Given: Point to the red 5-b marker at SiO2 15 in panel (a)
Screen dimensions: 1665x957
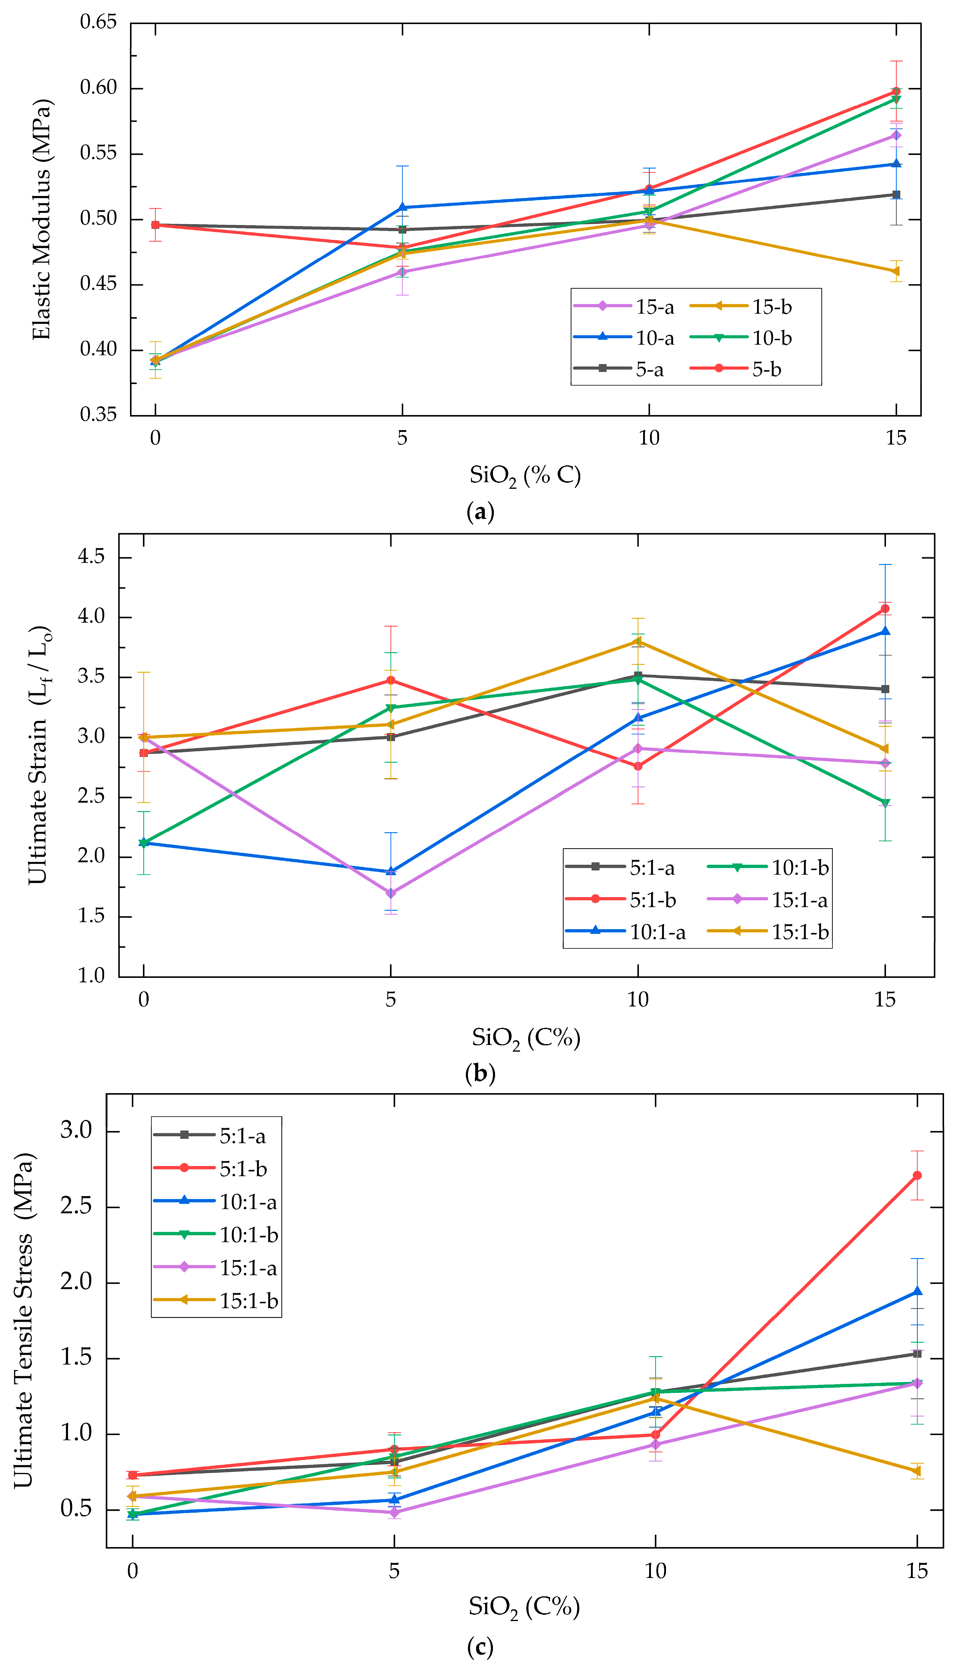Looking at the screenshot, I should pyautogui.click(x=896, y=91).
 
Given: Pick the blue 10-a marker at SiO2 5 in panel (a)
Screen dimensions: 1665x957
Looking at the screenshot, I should pyautogui.click(x=402, y=208).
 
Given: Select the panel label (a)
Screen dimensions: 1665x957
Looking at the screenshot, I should pyautogui.click(x=480, y=511).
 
